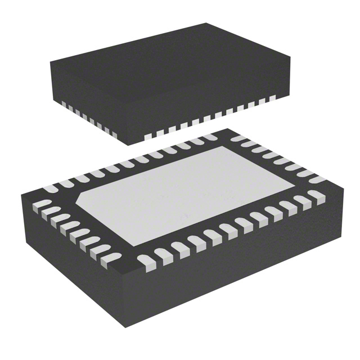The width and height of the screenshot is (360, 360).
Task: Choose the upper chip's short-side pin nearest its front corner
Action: pos(113,133)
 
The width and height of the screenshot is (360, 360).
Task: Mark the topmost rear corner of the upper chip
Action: pos(206,24)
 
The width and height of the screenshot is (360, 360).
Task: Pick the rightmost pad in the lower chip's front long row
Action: pos(316,196)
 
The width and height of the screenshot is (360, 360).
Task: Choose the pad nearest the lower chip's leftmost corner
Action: pos(44,201)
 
